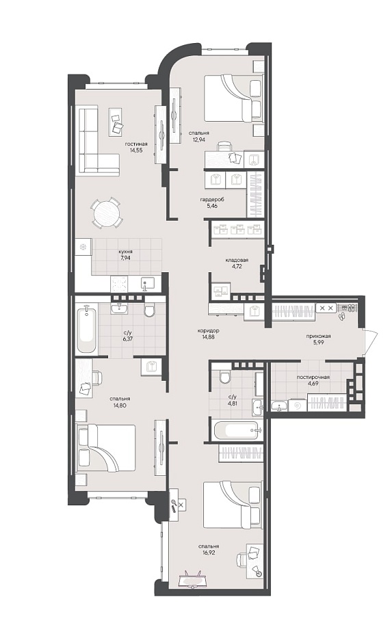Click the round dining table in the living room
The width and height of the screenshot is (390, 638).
[x=105, y=212]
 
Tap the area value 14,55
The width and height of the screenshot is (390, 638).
[x=136, y=150]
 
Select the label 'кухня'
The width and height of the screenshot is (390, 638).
[x=126, y=252]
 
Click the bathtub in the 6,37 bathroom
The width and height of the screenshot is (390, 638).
[x=87, y=330]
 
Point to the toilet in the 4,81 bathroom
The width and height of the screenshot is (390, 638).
[x=224, y=377]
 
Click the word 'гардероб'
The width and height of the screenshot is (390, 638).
[x=212, y=200]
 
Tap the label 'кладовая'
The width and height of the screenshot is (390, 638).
[x=237, y=260]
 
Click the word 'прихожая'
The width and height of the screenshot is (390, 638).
[x=318, y=336]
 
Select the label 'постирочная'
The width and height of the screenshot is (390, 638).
[x=313, y=377]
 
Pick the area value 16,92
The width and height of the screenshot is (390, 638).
[x=209, y=552]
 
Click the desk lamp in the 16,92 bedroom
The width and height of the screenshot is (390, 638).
[x=257, y=570]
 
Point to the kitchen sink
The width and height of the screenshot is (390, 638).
[x=147, y=283]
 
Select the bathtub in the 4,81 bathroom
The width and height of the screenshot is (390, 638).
[x=237, y=429]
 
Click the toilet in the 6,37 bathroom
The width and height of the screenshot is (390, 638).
[x=149, y=310]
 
